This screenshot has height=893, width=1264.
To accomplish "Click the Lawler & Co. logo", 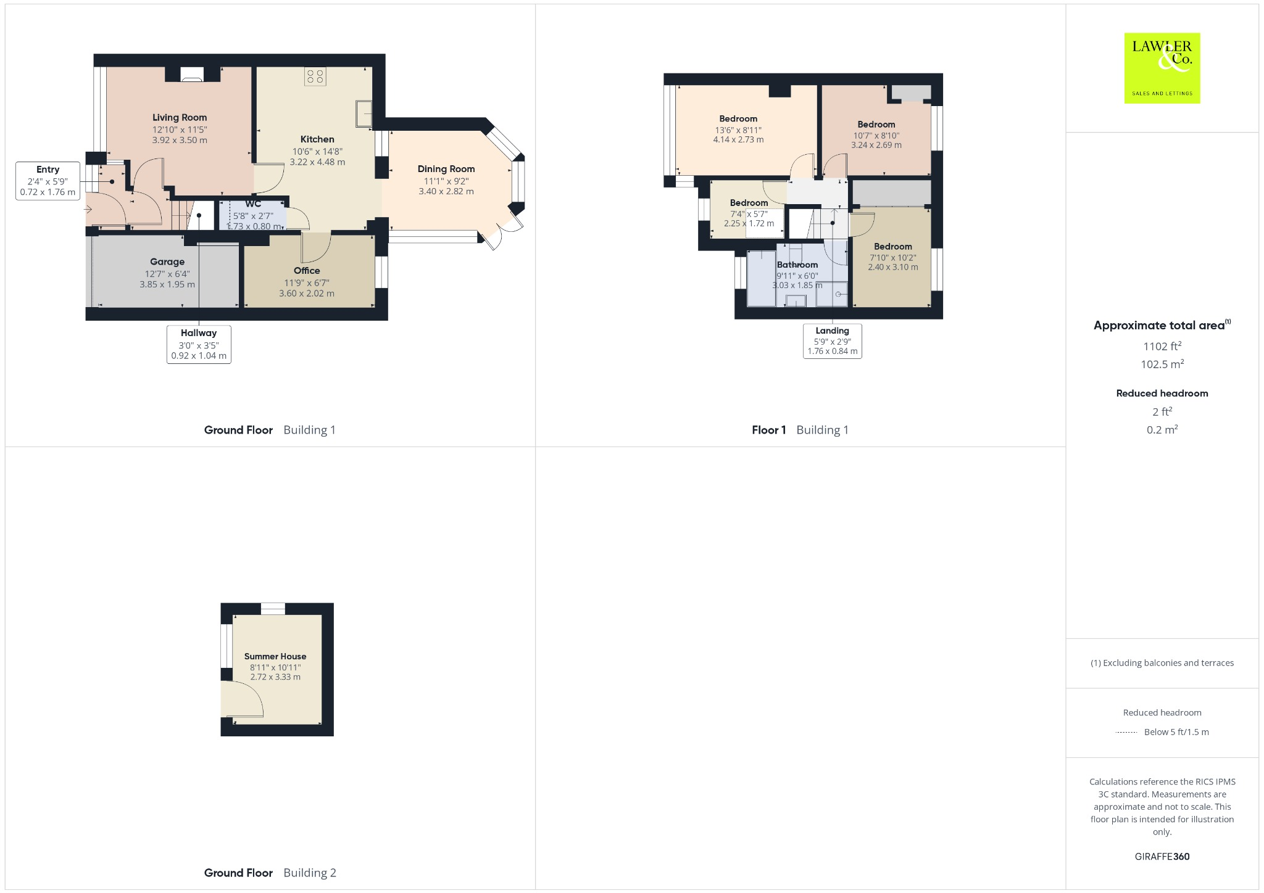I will [x=1162, y=68].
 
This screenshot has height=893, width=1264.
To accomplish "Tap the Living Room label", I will [x=180, y=117].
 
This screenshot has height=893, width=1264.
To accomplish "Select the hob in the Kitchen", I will [x=315, y=76].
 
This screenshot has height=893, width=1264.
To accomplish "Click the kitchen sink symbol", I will [x=364, y=113].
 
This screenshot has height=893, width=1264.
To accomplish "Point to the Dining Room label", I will [x=446, y=169].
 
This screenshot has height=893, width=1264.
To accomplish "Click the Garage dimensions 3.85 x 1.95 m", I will [x=167, y=285].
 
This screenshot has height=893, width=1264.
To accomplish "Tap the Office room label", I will [x=307, y=271].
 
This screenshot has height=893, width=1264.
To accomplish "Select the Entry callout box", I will [x=48, y=181].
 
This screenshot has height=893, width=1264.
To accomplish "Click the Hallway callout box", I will [x=199, y=344].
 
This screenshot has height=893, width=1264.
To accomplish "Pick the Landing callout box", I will [x=832, y=341].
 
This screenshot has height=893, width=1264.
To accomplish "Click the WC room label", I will [x=253, y=204].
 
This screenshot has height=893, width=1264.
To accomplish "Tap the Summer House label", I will [x=275, y=656].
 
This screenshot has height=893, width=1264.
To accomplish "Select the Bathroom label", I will [x=797, y=265].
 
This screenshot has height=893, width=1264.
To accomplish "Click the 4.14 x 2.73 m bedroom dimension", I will [x=738, y=140].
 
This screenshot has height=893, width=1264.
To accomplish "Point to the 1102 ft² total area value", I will [x=1162, y=347].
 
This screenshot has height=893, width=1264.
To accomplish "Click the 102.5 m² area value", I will [x=1162, y=364].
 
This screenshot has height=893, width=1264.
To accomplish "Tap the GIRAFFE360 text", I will [x=1162, y=857].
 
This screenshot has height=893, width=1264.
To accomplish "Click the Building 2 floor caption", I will [x=310, y=873].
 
